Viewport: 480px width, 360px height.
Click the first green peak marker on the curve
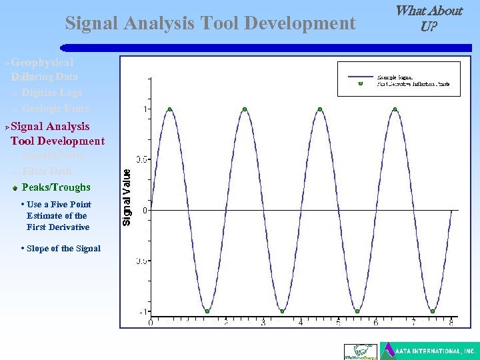(170, 109)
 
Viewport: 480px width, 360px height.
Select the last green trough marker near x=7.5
(433, 311)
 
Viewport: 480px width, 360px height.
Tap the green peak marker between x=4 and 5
(321, 109)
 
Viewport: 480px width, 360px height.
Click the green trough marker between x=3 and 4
(283, 311)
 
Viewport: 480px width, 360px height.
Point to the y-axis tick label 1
(146, 109)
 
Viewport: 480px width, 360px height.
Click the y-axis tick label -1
(143, 311)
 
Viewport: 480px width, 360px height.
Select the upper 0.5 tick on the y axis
(142, 159)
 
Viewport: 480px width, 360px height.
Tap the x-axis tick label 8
(452, 323)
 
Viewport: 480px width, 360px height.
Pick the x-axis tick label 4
(301, 323)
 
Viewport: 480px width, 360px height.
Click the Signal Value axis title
(126, 195)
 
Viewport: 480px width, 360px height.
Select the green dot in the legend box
(360, 84)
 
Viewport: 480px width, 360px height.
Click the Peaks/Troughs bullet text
(56, 187)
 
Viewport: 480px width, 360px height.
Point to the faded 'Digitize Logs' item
(51, 93)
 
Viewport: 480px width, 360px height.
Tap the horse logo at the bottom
(359, 351)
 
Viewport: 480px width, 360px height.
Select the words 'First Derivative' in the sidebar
(58, 227)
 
